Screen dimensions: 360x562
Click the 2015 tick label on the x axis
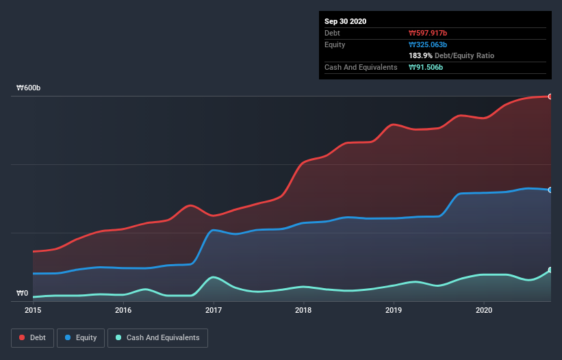[x=33, y=310]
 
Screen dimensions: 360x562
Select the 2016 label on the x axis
[x=123, y=310]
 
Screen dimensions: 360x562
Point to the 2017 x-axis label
[x=214, y=310]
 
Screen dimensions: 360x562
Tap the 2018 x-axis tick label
[x=303, y=310]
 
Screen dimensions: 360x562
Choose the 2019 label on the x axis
[x=394, y=310]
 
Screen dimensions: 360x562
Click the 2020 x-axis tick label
[x=484, y=310]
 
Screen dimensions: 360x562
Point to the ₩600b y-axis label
[x=29, y=88]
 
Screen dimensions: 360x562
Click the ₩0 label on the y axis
[x=23, y=293]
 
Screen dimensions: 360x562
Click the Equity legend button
[x=81, y=337]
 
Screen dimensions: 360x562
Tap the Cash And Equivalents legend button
[x=157, y=337]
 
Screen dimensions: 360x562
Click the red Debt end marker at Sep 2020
[x=550, y=97]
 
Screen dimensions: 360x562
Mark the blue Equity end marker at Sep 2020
[x=550, y=190]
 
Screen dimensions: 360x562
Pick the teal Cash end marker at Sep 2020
[x=550, y=270]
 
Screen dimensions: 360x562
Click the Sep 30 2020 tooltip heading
[x=346, y=21]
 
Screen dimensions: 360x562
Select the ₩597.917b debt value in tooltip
[x=429, y=33]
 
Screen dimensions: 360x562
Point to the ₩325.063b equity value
[x=428, y=44]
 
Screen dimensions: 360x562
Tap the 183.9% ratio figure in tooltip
[x=421, y=55]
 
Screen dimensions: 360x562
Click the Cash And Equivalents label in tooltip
[x=361, y=67]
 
